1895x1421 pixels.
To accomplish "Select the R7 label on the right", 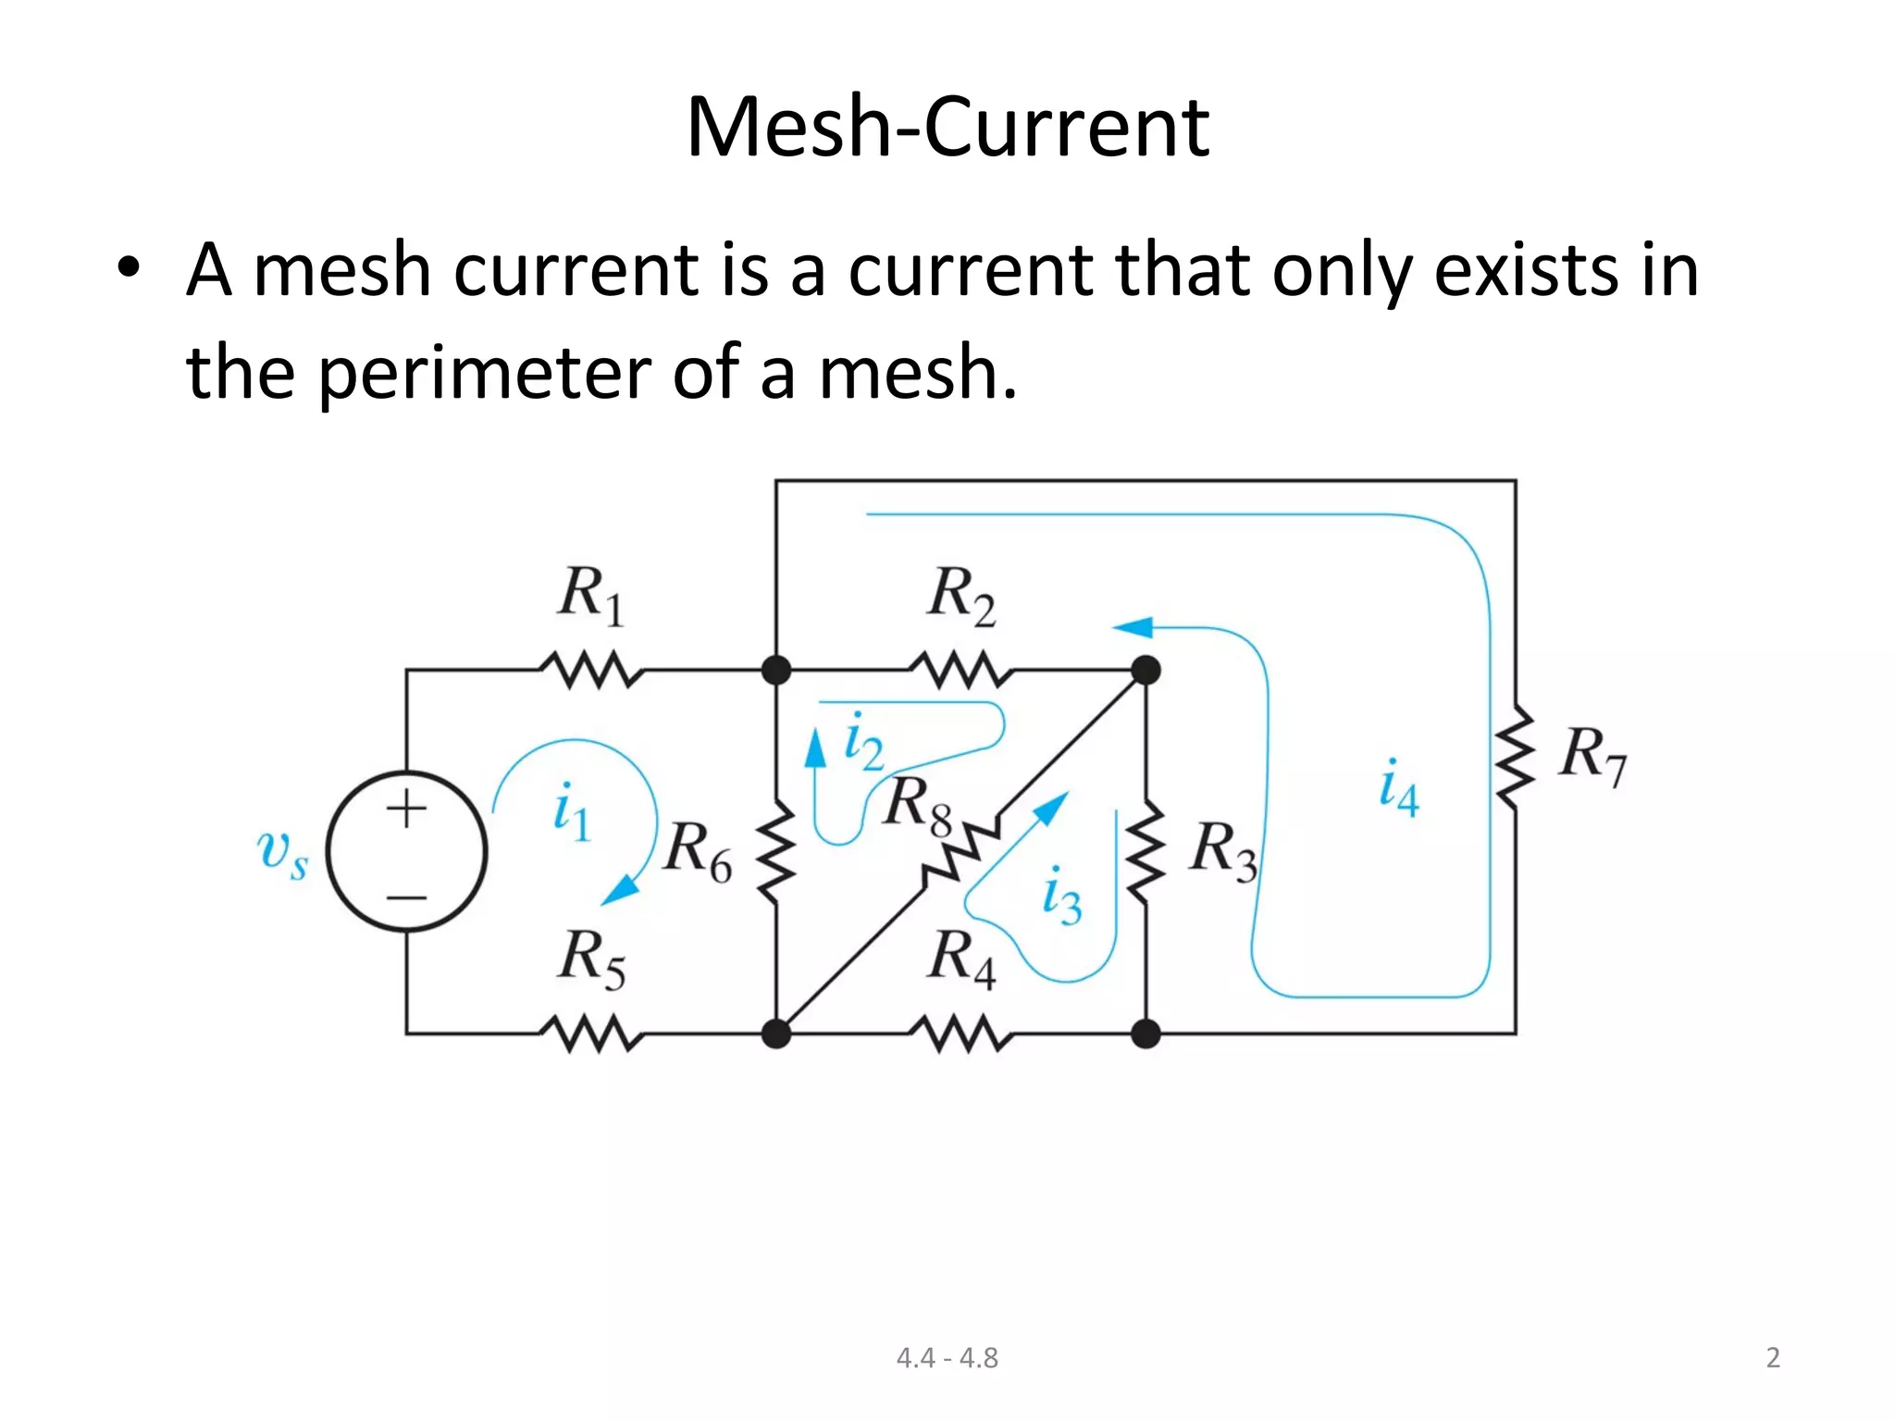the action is point(1592,754).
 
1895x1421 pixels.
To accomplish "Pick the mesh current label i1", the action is point(570,811).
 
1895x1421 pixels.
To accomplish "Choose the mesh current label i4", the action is point(1398,787).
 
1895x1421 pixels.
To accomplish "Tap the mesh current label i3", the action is point(1061,896).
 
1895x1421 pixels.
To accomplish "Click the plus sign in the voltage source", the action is point(406,809).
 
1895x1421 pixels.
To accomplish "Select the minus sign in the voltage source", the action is point(406,896).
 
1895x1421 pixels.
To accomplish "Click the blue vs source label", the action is point(281,852).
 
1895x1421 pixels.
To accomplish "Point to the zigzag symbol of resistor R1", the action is point(591,670).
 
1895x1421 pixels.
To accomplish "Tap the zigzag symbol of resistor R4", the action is point(961,1033).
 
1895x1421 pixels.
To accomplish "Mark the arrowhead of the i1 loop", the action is point(620,890).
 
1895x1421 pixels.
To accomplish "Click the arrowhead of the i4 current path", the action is point(1133,627).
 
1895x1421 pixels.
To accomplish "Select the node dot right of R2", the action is point(1146,670).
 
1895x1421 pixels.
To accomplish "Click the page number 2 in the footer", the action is point(1772,1357).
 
